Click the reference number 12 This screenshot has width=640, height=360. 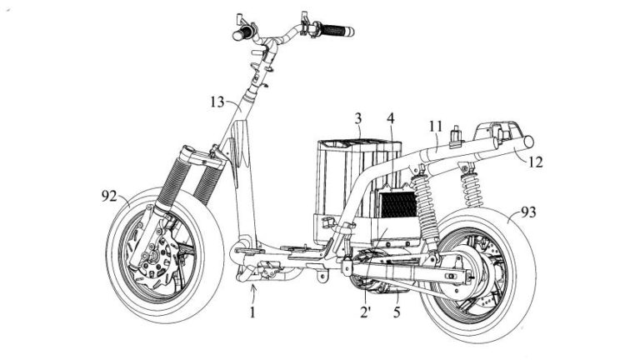click(535, 162)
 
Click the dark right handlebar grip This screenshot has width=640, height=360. click(337, 31)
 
